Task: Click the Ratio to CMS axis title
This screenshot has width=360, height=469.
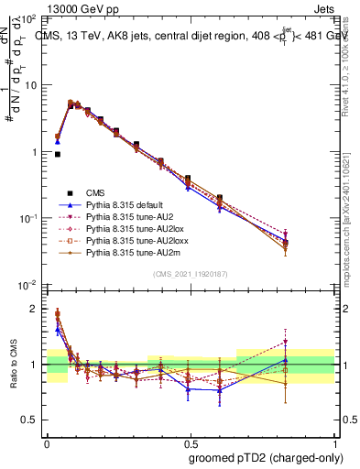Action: [x=13, y=365]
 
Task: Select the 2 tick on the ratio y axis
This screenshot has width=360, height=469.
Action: [x=36, y=309]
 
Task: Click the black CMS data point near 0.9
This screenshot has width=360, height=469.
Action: [x=57, y=155]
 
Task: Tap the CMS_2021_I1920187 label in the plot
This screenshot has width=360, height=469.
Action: [x=190, y=275]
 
